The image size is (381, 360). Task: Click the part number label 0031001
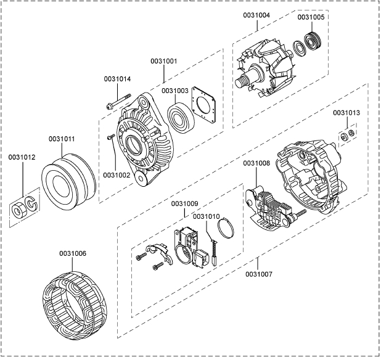point(164,61)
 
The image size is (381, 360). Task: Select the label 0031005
point(311,18)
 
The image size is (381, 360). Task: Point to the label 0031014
point(117,79)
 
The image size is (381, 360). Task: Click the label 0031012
point(22,158)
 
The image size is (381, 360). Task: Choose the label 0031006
point(73,253)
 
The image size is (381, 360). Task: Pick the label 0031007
point(258,273)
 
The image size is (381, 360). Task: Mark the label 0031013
point(347,113)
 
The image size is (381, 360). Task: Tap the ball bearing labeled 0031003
point(182,117)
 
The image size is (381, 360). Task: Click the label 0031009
point(185,203)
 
